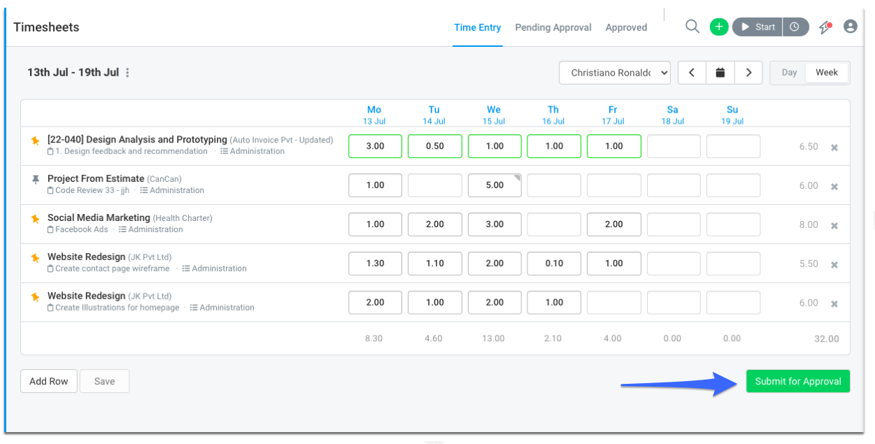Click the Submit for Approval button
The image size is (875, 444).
coord(797,381)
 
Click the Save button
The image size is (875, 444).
coord(104,381)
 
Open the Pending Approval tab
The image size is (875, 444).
coord(553,27)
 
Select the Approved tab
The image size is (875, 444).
coord(626,27)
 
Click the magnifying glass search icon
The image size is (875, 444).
coord(692,27)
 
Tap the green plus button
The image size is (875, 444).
coord(719,27)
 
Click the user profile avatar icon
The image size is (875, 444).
coord(851,27)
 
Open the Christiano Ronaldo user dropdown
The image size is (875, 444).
coord(614,73)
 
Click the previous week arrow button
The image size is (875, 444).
coord(692,73)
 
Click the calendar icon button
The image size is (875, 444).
coord(720,73)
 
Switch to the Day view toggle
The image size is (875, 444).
coord(789,73)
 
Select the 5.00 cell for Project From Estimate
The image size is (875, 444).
coord(495,185)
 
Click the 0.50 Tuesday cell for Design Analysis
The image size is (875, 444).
coord(435,146)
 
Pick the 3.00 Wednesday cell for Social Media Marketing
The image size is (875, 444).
coord(495,224)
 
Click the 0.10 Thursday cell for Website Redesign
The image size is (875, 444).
coord(554,263)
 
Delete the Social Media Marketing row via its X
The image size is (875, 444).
coord(834,226)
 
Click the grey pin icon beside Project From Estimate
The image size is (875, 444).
coord(36,179)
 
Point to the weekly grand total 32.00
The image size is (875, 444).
coord(827,338)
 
